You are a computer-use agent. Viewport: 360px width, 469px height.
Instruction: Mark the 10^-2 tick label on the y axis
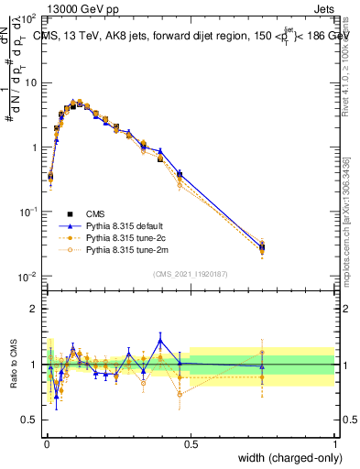(x=28, y=276)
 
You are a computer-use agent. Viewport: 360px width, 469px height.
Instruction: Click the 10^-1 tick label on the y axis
(x=28, y=212)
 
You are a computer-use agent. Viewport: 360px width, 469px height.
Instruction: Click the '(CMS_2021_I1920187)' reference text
(x=190, y=273)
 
